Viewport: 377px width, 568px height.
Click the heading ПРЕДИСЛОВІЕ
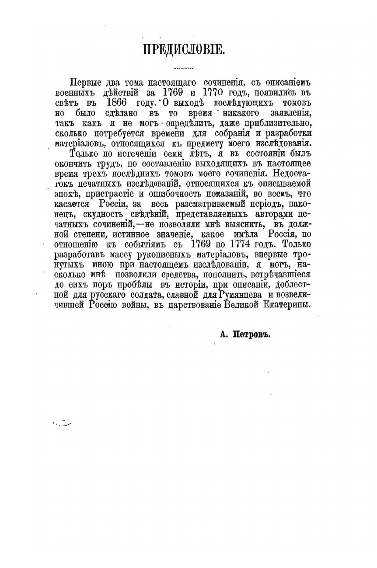184,49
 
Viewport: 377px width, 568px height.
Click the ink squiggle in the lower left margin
63,422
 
